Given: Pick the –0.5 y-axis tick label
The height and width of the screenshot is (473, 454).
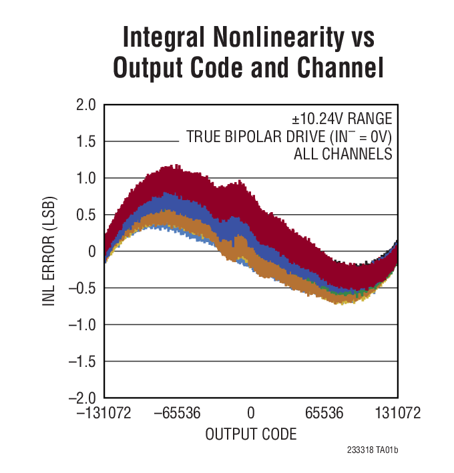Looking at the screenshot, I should pyautogui.click(x=83, y=288).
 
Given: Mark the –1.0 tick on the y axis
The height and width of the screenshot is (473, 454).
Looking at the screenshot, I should pyautogui.click(x=83, y=325).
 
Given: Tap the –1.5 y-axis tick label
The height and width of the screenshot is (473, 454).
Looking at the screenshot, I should pyautogui.click(x=83, y=362).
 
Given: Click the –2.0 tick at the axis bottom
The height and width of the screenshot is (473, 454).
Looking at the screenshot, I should pyautogui.click(x=83, y=398).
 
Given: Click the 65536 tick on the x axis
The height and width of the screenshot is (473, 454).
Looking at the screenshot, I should pyautogui.click(x=324, y=414).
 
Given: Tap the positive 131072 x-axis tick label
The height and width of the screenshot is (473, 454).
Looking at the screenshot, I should pyautogui.click(x=397, y=414).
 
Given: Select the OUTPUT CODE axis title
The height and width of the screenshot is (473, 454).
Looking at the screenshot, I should pyautogui.click(x=250, y=434).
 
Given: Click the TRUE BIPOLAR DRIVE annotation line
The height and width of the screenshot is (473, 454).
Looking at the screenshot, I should pyautogui.click(x=288, y=137).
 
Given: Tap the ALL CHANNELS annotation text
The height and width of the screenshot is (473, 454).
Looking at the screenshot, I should pyautogui.click(x=343, y=155).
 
